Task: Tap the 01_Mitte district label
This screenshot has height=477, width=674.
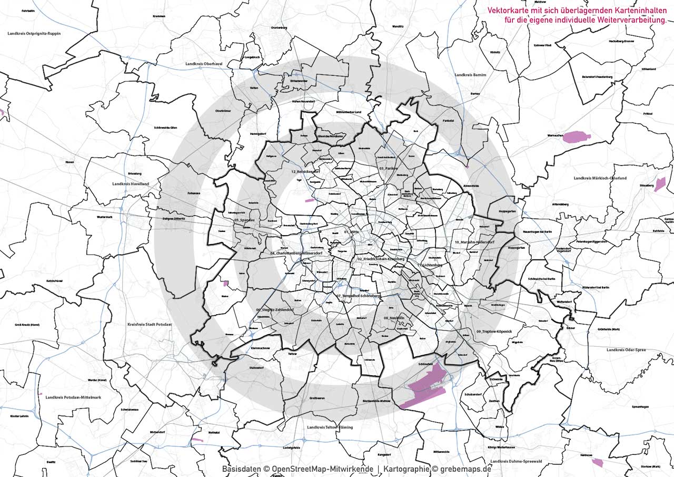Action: [351, 231]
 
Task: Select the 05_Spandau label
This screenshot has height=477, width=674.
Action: [244, 220]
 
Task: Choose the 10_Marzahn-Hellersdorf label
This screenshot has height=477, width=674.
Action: [474, 242]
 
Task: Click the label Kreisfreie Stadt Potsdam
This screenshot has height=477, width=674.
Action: [150, 325]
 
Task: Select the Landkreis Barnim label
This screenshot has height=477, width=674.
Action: [470, 75]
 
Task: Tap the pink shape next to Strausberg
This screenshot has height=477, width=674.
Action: [660, 184]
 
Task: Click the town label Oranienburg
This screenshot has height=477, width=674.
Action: [280, 27]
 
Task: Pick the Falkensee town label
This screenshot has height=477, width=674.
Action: [194, 193]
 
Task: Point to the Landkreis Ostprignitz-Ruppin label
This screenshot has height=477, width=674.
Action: [34, 33]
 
